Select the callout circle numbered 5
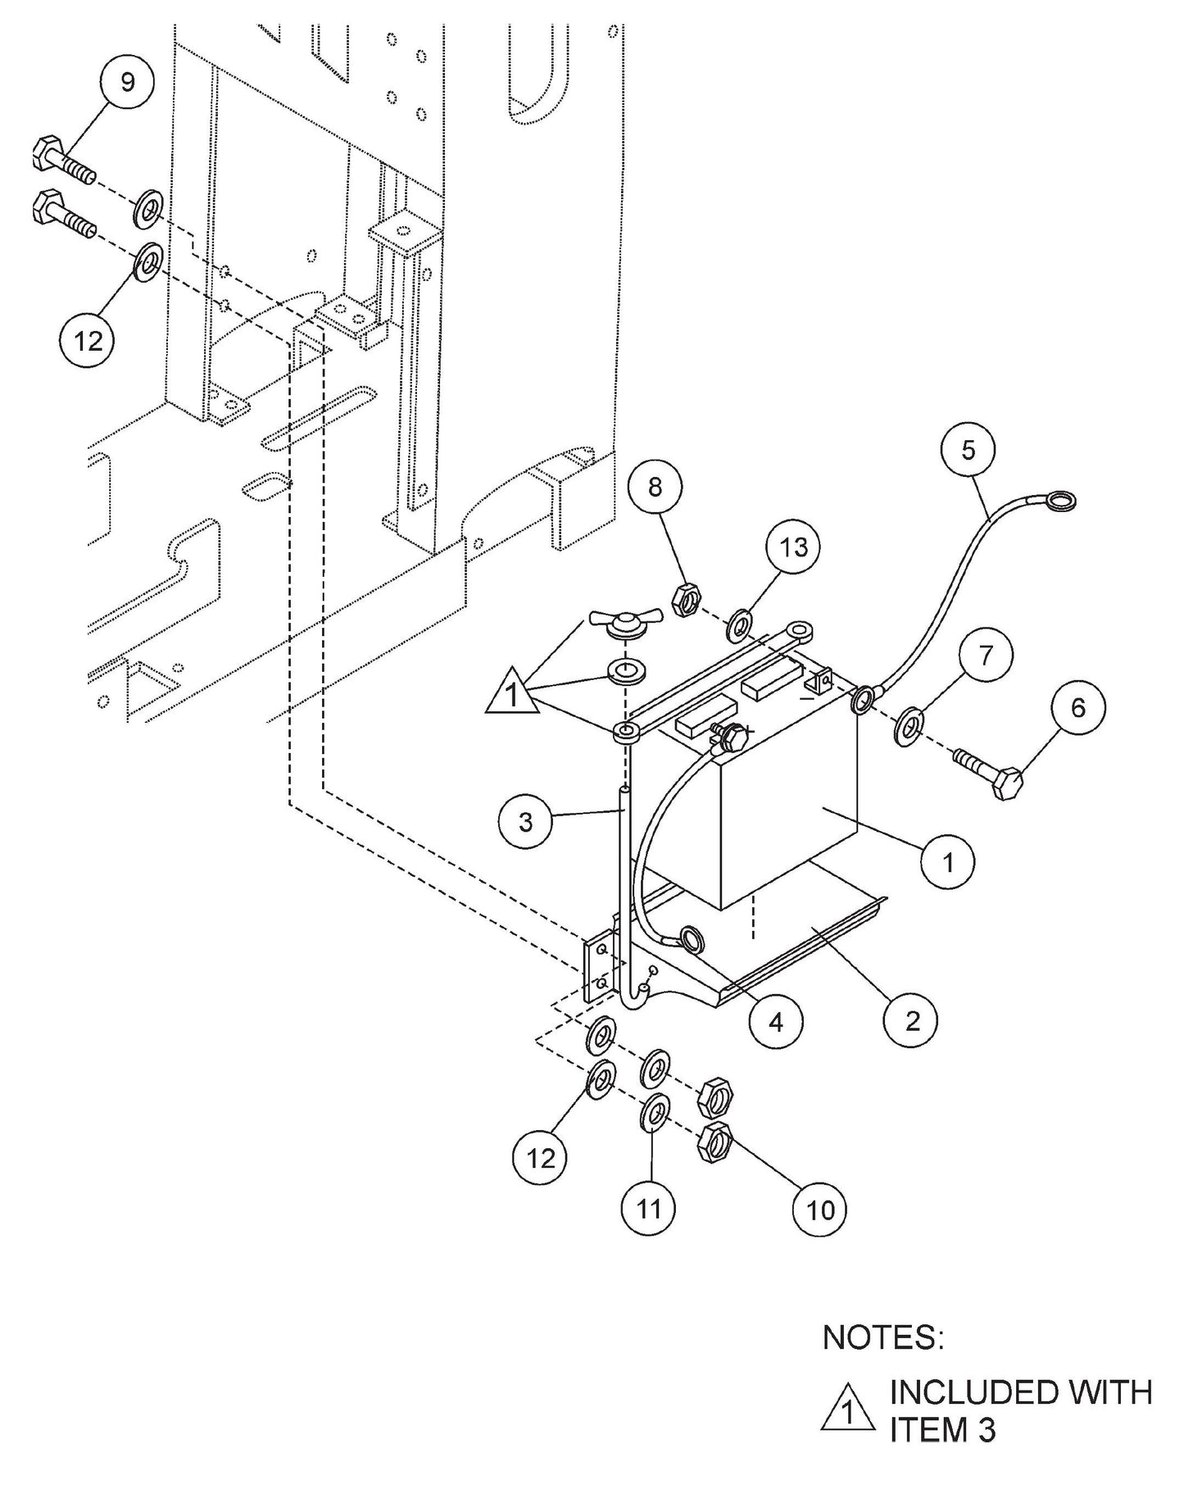pos(969,450)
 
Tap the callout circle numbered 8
pos(655,488)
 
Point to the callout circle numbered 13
pos(793,547)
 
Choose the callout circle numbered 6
pos(1077,707)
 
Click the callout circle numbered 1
pos(948,861)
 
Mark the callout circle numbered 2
pos(911,1020)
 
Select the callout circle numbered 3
pos(526,821)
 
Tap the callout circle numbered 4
pos(775,1021)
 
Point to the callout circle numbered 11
pos(649,1208)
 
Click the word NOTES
pos(882,1338)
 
